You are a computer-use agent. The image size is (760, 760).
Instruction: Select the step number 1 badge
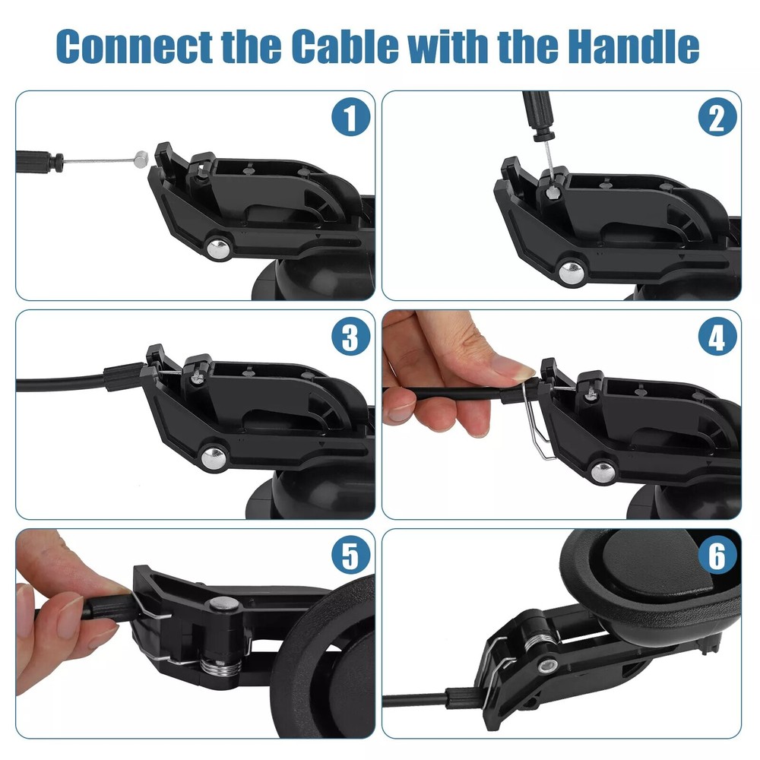tap(350, 119)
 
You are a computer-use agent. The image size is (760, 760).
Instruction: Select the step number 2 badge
tap(717, 119)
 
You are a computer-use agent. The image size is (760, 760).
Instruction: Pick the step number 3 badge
tap(350, 337)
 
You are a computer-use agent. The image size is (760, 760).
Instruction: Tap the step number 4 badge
tap(717, 337)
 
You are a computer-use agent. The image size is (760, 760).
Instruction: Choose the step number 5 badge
tap(350, 557)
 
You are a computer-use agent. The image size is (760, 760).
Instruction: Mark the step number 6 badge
tap(717, 557)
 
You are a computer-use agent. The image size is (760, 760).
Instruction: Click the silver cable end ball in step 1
tap(139, 159)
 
